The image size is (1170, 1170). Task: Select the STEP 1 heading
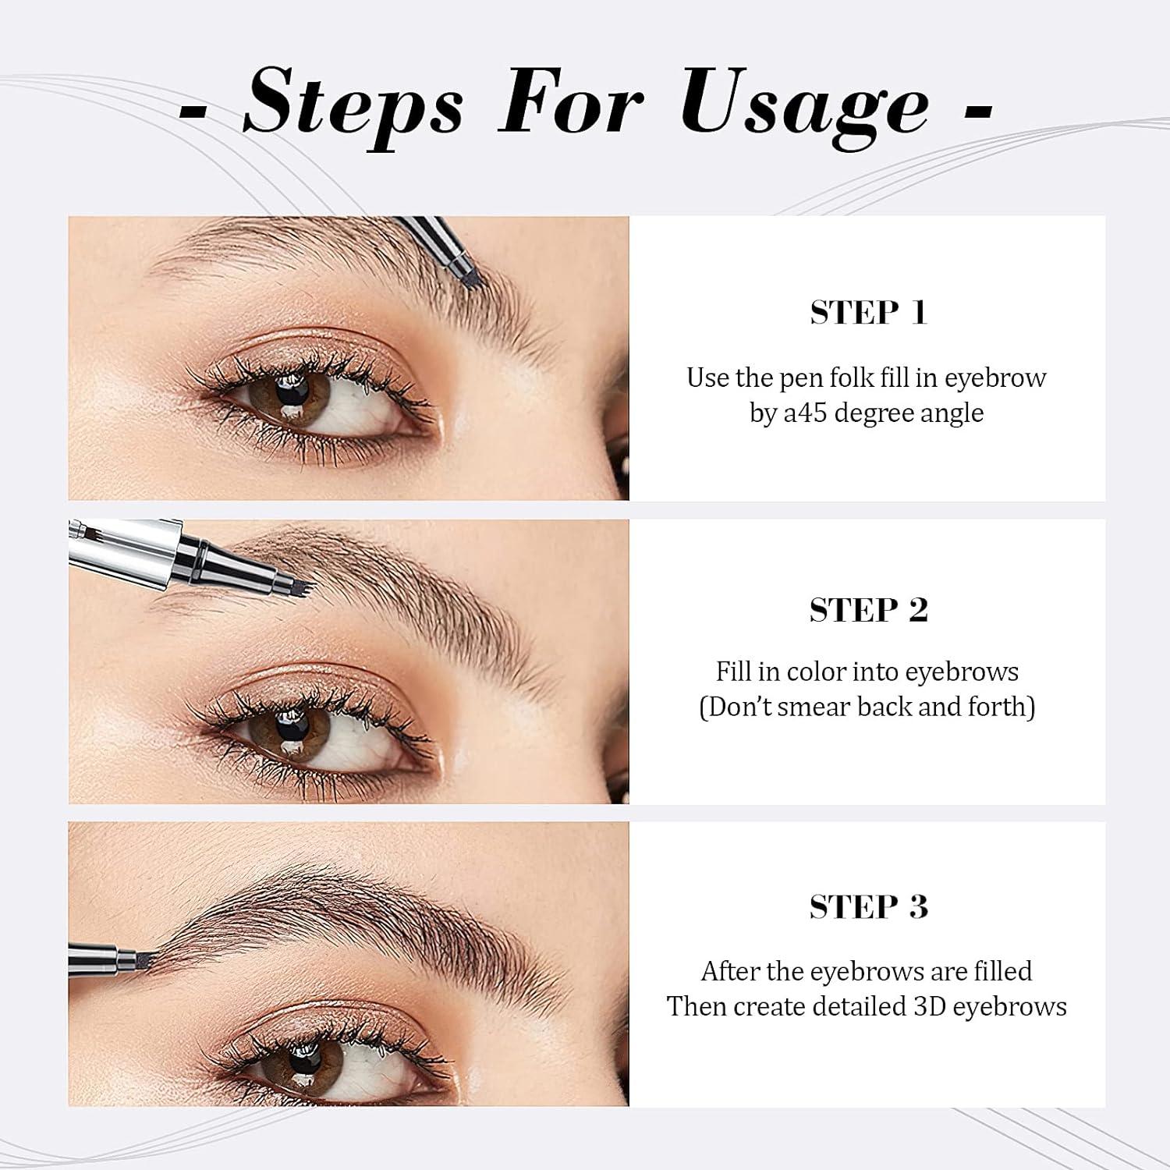coord(868,313)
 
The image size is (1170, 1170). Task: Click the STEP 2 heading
coord(868,610)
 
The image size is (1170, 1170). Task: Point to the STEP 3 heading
coord(868,906)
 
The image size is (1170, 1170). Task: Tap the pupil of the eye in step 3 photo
coord(305,1061)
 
